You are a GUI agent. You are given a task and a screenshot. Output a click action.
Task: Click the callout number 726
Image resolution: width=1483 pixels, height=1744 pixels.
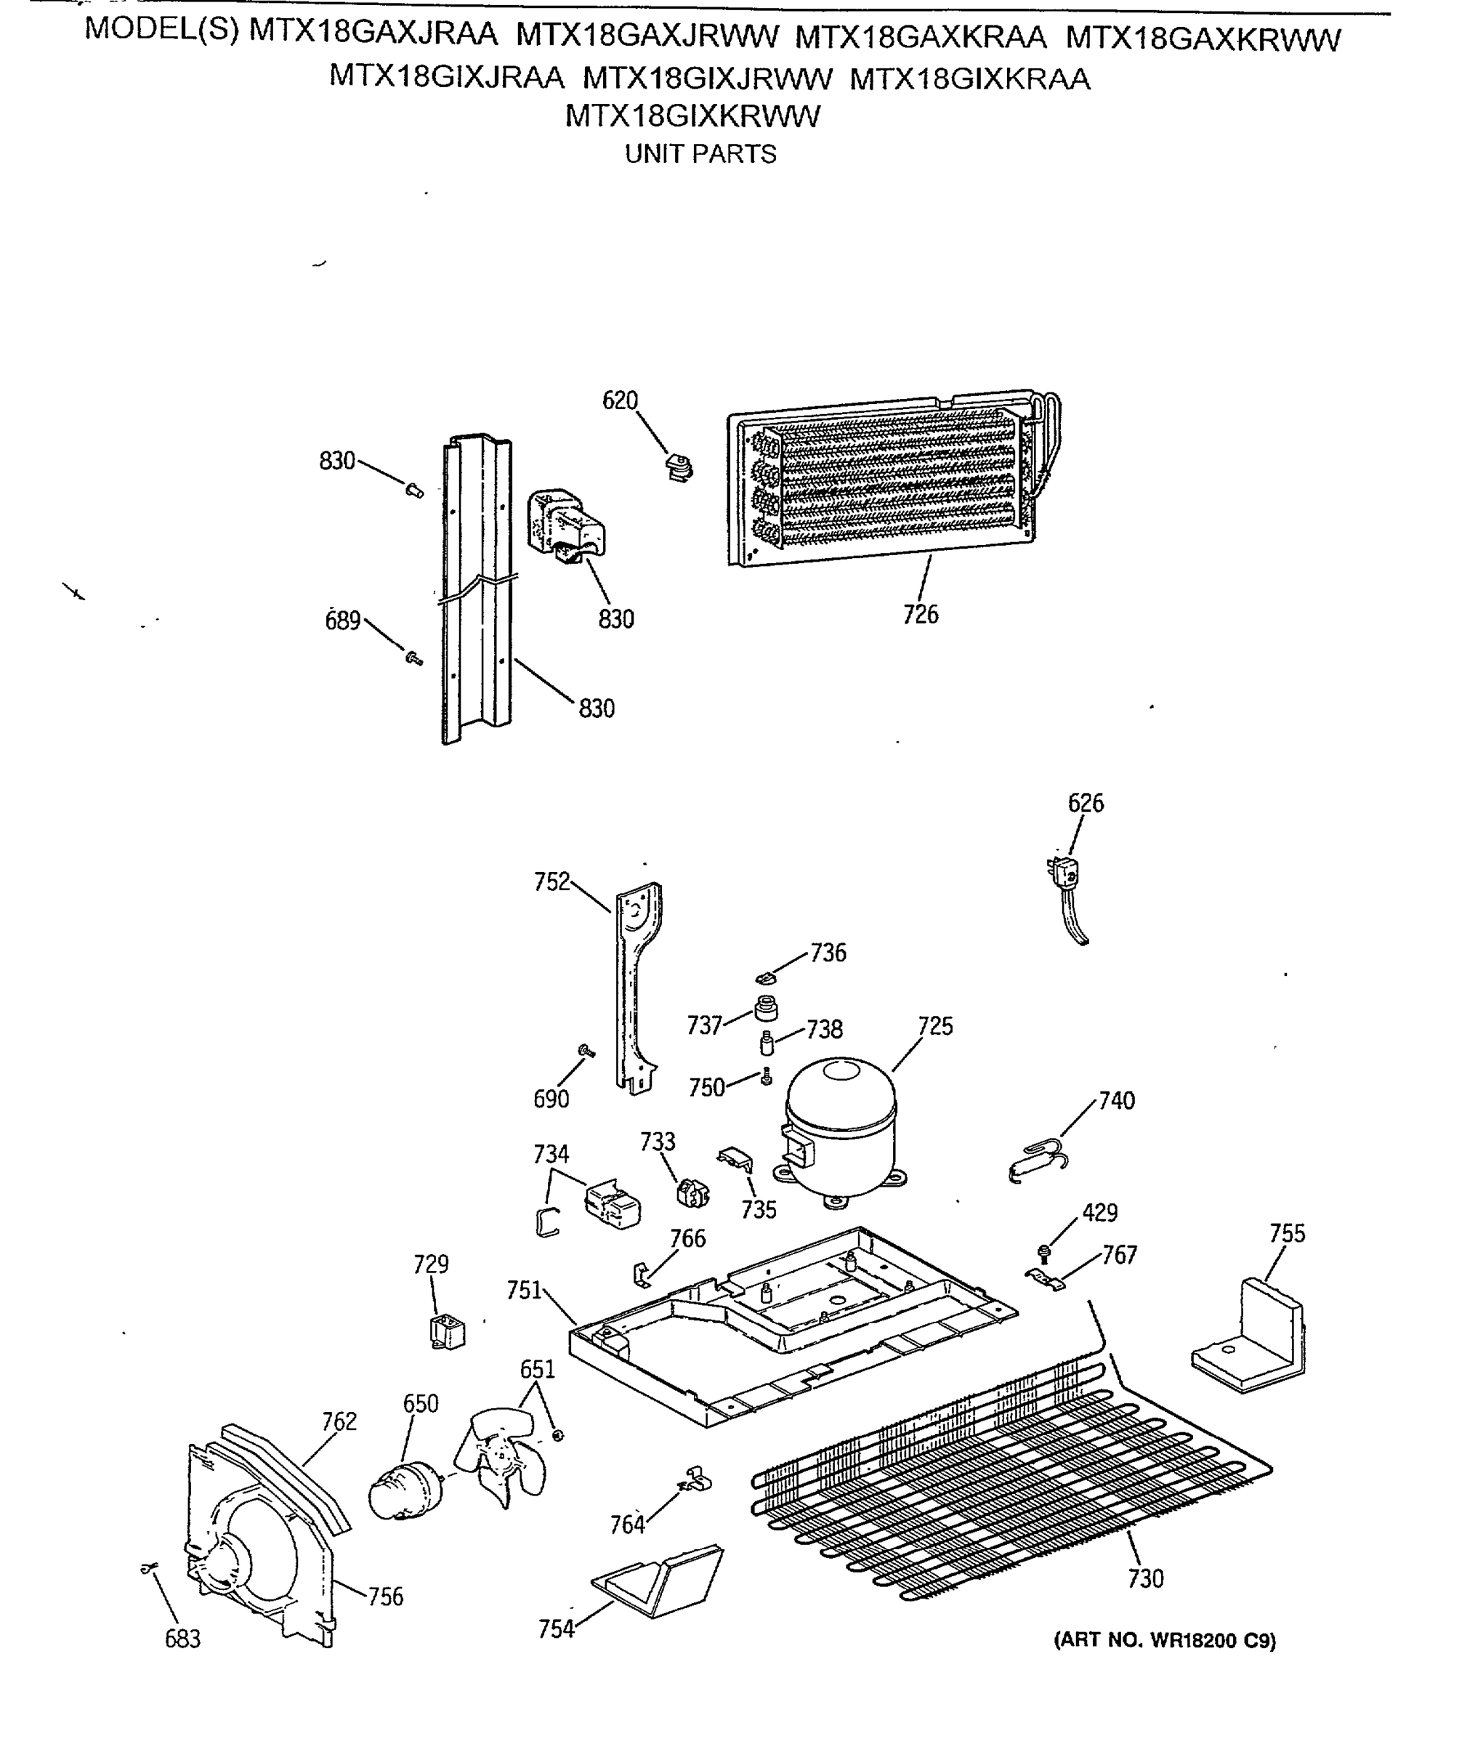point(921,615)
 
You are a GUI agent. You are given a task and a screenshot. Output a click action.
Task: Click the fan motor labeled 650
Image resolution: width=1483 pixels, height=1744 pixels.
point(406,1491)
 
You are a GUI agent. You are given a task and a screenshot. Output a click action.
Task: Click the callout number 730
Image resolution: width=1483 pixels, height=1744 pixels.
point(1145,1579)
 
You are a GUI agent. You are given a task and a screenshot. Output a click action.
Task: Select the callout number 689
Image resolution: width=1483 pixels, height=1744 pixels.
point(342,621)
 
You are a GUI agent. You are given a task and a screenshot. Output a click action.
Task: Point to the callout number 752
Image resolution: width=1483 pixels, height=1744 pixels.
point(551,881)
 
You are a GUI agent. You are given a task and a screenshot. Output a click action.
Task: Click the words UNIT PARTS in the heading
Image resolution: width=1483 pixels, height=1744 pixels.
point(700,155)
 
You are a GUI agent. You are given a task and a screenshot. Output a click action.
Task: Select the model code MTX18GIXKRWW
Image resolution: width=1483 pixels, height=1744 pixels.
point(692,116)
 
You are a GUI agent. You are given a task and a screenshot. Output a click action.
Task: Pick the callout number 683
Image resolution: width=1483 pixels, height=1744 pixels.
point(182,1639)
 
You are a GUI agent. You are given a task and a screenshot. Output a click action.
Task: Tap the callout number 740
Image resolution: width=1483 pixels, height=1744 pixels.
point(1117,1101)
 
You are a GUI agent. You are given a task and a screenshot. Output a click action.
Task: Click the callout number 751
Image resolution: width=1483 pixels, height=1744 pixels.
point(524,1291)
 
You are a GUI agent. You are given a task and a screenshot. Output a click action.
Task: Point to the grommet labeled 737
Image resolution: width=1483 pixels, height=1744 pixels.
point(766,1006)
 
